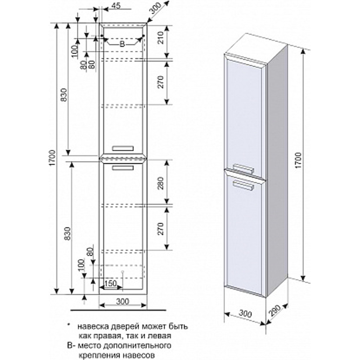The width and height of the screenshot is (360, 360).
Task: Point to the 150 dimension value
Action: pos(110,283)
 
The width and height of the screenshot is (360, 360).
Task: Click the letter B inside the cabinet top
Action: pos(121,44)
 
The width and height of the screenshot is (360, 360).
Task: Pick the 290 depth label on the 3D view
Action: pos(277,312)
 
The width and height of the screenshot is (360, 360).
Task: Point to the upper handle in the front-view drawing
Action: pos(123,147)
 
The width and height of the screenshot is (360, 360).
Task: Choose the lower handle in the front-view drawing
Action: pos(123,168)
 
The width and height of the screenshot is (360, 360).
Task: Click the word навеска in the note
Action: pos(91,325)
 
